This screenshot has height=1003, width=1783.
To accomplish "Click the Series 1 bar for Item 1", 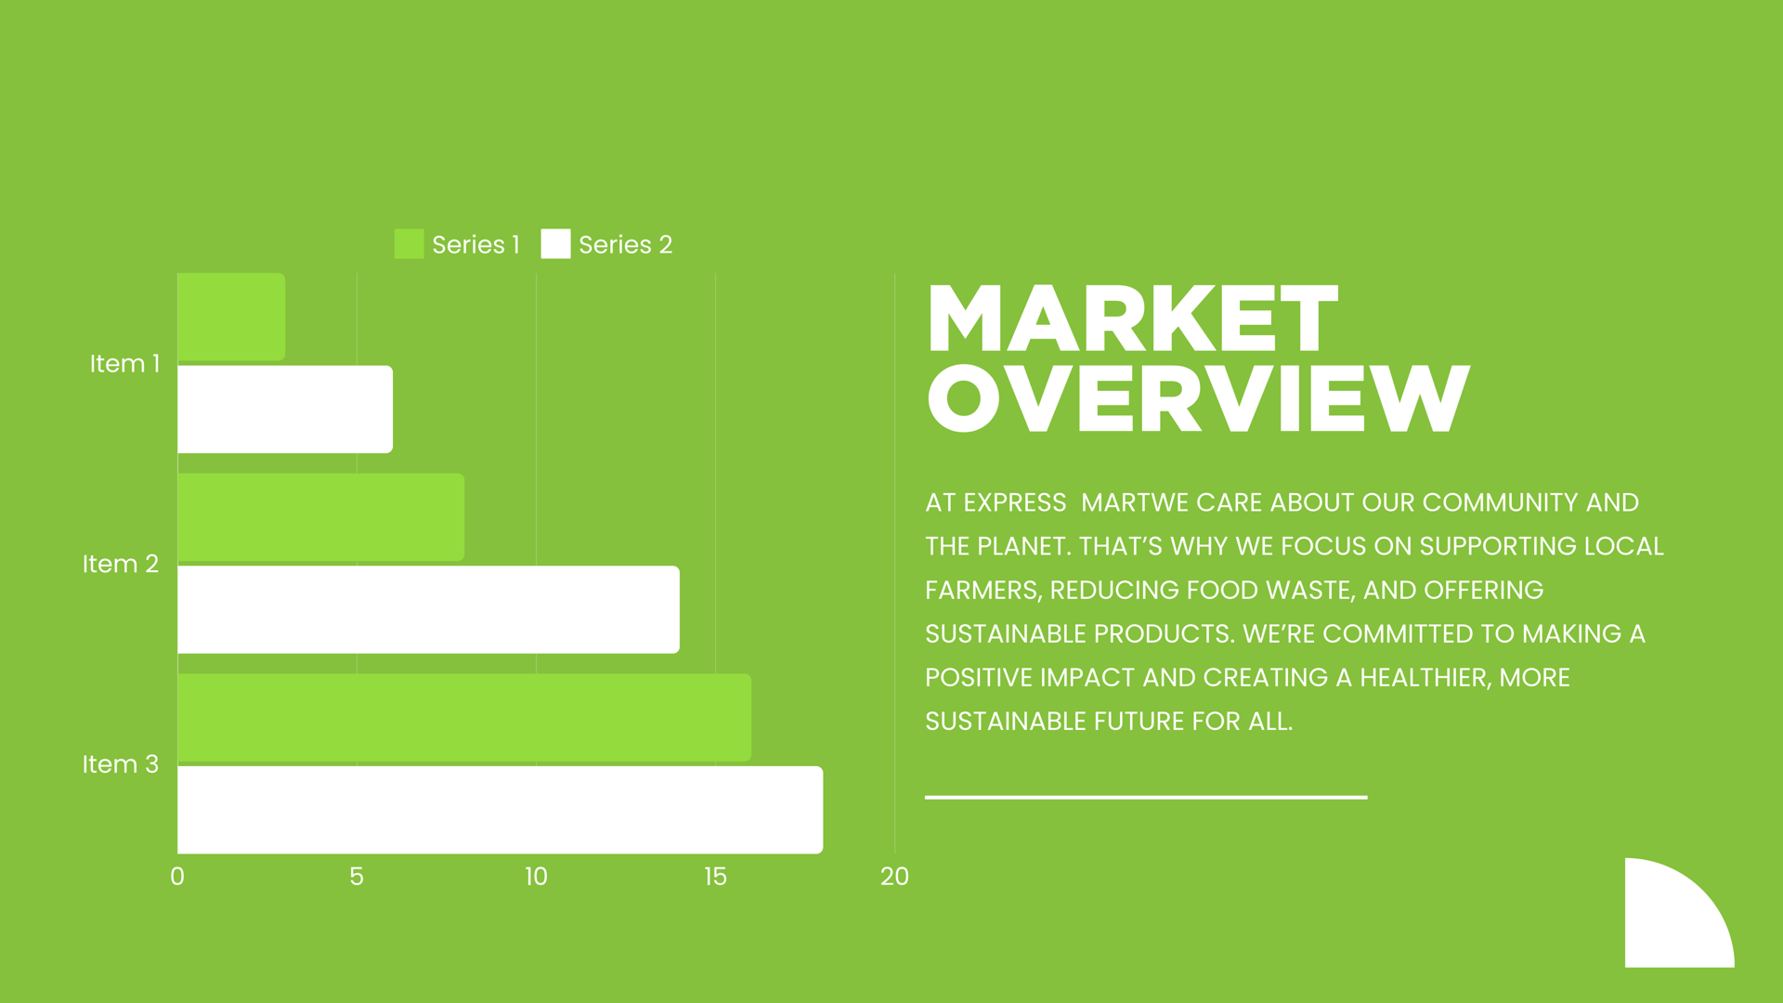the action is pyautogui.click(x=231, y=317).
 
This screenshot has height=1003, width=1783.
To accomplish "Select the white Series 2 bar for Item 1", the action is pyautogui.click(x=285, y=410).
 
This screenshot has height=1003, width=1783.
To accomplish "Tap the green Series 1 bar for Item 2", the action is pyautogui.click(x=320, y=517).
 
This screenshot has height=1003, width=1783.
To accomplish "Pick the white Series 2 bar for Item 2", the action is pyautogui.click(x=428, y=609).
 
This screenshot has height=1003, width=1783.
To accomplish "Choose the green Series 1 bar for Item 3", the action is pyautogui.click(x=464, y=717).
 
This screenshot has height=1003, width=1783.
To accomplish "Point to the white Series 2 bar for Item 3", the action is pyautogui.click(x=500, y=810).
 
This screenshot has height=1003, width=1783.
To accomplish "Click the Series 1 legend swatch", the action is pyautogui.click(x=409, y=244).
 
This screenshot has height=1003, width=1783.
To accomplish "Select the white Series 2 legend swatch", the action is pyautogui.click(x=555, y=244).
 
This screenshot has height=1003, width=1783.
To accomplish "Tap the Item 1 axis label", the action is pyautogui.click(x=124, y=363).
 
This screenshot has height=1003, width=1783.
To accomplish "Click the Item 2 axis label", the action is pyautogui.click(x=121, y=564).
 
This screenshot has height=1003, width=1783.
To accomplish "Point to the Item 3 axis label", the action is pyautogui.click(x=121, y=764).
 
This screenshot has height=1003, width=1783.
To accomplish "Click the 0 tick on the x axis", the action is pyautogui.click(x=177, y=877).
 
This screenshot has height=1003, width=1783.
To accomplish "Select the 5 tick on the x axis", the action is pyautogui.click(x=357, y=877).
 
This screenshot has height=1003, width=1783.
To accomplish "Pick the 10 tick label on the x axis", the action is pyautogui.click(x=536, y=877).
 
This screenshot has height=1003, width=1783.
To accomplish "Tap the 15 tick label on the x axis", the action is pyautogui.click(x=715, y=877).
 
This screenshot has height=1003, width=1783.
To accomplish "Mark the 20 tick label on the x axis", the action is pyautogui.click(x=894, y=877).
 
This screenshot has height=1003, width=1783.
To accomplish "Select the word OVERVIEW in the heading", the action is pyautogui.click(x=1199, y=398).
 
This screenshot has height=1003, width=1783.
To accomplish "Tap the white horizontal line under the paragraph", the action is pyautogui.click(x=1146, y=797).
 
